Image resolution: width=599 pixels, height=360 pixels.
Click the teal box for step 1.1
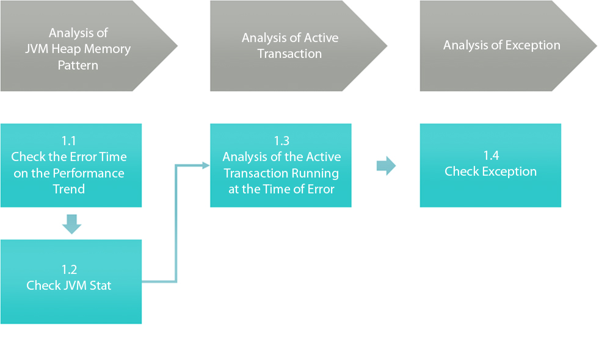[71, 165]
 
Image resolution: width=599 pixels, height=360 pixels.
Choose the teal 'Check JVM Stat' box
[71, 282]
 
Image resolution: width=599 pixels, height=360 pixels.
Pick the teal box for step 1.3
[281, 165]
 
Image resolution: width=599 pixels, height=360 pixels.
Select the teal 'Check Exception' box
[490, 165]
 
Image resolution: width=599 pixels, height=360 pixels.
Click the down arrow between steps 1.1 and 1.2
[71, 224]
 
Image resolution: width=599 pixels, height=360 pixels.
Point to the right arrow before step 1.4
[387, 166]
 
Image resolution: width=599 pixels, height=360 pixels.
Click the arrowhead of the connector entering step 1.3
[206, 165]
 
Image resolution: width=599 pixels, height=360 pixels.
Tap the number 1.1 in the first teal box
[69, 141]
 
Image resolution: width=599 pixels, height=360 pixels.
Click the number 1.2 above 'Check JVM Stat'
[69, 270]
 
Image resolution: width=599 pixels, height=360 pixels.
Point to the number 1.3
[281, 141]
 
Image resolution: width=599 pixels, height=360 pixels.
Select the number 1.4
[491, 156]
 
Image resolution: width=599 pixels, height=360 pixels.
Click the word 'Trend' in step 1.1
[69, 189]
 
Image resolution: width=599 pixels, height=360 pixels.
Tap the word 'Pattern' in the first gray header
[78, 65]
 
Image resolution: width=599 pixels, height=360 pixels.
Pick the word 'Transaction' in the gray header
[289, 54]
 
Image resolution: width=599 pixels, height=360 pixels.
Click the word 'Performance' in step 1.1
[89, 173]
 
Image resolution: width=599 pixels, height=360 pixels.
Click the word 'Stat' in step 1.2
[100, 286]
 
